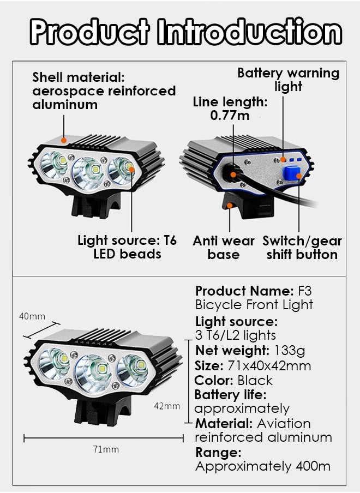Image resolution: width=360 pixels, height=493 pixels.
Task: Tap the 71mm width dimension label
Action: coord(106,449)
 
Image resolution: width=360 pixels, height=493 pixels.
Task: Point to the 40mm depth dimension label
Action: coord(32,316)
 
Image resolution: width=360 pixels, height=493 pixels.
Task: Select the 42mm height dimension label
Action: coord(166,406)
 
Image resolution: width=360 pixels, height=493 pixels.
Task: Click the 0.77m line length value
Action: coord(230,115)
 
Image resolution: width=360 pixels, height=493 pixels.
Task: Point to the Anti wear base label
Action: coord(224,248)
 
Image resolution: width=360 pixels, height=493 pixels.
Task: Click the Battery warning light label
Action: coord(288,80)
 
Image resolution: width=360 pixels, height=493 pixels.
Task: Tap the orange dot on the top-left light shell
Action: coord(64,140)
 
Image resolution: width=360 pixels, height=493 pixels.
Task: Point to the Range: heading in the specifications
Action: coord(218,452)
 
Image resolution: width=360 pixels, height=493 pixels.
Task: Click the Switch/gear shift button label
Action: coord(302,248)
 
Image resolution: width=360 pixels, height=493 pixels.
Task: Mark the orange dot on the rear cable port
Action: coord(233,175)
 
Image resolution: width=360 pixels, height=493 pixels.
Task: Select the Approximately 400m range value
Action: coord(263,466)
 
